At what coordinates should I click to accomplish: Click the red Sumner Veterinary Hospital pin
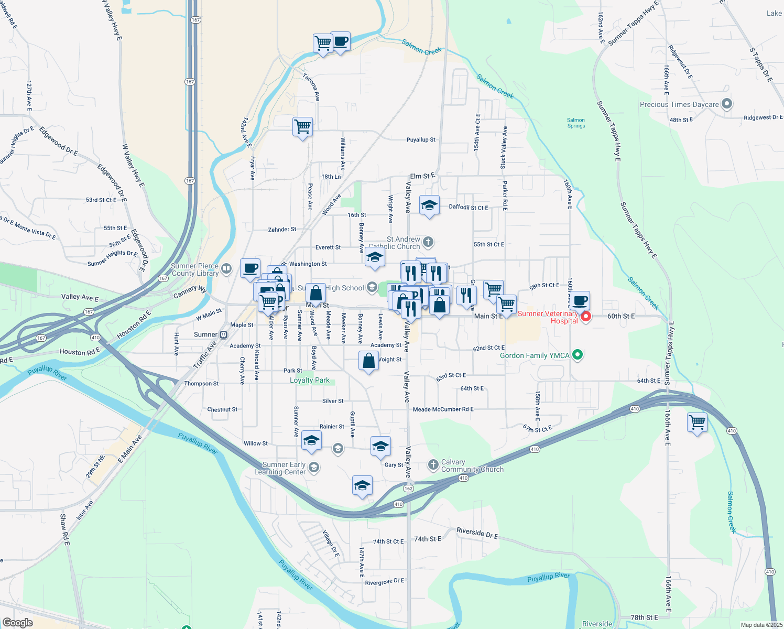586,317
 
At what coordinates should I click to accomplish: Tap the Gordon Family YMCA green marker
578,355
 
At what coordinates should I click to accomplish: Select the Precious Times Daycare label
679,104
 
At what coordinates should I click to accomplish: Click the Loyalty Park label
310,380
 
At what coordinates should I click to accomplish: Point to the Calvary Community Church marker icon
433,464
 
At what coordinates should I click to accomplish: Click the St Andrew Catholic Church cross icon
428,242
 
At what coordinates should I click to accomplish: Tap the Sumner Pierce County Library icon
226,269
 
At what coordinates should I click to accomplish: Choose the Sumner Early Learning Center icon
314,467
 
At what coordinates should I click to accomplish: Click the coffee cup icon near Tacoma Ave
340,41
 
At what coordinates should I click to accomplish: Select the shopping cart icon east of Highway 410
698,422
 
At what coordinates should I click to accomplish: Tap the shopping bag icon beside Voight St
369,361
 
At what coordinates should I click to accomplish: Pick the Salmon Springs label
576,123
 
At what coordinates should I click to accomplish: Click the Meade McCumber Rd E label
443,409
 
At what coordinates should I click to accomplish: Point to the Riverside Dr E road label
477,534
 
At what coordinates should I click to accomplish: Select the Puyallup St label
421,140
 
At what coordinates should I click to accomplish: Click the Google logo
17,623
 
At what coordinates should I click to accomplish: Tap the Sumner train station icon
223,334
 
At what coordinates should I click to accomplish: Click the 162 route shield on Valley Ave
408,488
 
